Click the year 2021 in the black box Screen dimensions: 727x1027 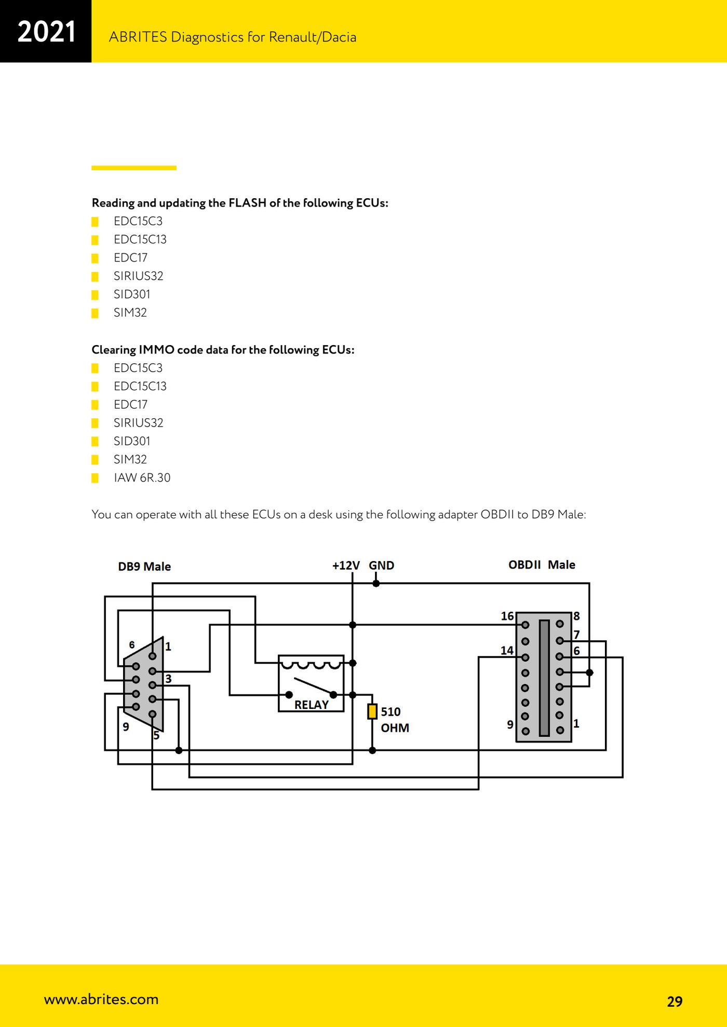point(46,32)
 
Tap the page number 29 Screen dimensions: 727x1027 point(675,1002)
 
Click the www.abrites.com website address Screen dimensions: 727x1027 point(101,999)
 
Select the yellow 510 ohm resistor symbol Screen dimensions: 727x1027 point(372,711)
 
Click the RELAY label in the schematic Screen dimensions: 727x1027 point(312,705)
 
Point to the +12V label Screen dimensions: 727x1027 point(346,566)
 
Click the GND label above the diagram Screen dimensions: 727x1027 point(382,566)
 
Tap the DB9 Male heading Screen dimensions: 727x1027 point(144,567)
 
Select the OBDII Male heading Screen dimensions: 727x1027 point(542,565)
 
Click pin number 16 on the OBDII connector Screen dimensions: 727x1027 point(507,616)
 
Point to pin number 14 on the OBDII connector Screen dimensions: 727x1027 point(507,650)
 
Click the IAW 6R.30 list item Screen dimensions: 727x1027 point(142,477)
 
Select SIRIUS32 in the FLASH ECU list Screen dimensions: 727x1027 point(138,276)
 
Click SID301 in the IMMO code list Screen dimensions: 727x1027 point(132,441)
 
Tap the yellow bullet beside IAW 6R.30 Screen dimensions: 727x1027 point(95,478)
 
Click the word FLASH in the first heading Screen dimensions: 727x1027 point(248,202)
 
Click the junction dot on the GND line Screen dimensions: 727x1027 point(376,583)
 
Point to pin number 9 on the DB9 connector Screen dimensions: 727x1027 point(126,727)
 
